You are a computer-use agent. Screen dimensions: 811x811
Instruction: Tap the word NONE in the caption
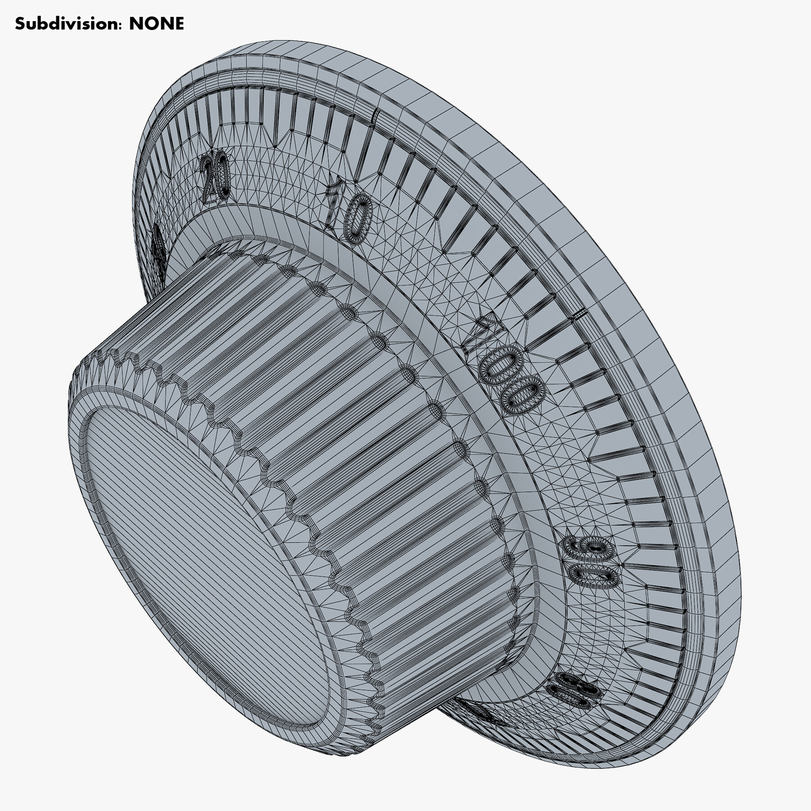[x=156, y=23]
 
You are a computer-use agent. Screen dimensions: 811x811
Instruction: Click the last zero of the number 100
[x=523, y=395]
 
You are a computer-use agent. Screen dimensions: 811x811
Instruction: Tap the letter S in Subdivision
[x=20, y=23]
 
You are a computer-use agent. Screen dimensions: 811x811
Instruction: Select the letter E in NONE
[x=178, y=23]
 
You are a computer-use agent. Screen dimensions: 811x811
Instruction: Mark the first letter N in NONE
[x=136, y=23]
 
